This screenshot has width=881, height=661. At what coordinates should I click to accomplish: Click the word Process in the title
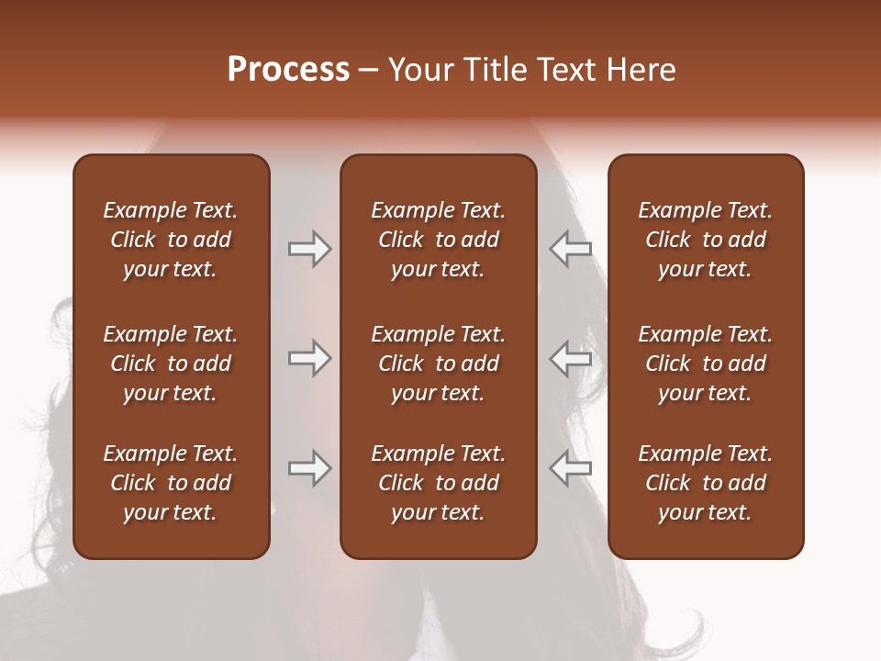click(288, 70)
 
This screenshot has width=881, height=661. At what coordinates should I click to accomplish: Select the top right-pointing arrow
click(309, 249)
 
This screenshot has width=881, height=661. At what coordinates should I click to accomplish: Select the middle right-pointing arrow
click(309, 358)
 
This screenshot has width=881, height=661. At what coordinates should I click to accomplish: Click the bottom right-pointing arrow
click(309, 468)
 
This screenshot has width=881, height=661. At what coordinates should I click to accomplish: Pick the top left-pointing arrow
click(571, 249)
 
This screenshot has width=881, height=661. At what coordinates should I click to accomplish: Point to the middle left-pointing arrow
click(571, 358)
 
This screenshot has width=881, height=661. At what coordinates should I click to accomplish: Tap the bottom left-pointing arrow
click(571, 468)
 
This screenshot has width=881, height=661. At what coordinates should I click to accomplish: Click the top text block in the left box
click(171, 240)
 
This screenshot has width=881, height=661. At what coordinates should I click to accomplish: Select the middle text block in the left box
click(171, 364)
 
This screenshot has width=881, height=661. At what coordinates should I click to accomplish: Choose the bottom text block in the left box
click(171, 483)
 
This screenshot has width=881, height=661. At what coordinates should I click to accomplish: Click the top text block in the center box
click(438, 240)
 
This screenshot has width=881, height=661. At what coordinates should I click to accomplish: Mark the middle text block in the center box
click(438, 364)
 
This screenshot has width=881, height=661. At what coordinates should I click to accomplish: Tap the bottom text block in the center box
click(438, 483)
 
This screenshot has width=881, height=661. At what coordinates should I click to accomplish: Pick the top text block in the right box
click(705, 240)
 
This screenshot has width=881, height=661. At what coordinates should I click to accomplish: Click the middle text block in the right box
click(705, 364)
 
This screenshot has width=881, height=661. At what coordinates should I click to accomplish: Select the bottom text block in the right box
click(705, 483)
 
